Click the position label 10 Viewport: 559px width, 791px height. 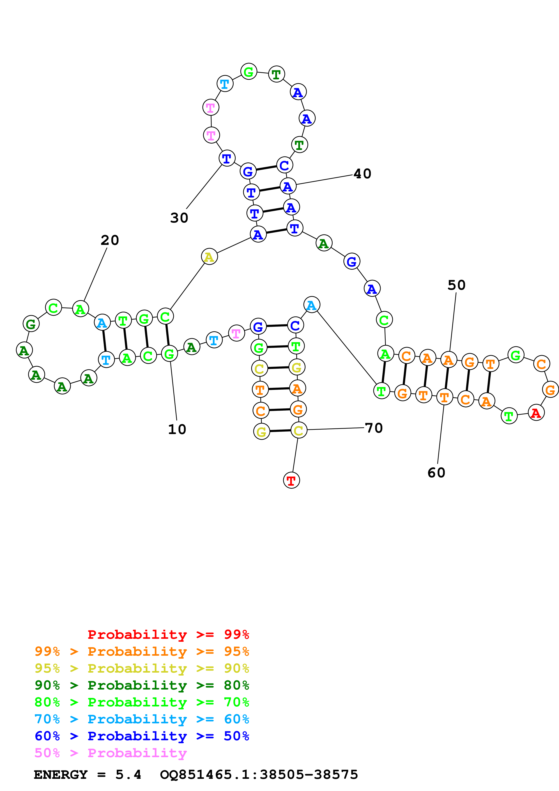177,429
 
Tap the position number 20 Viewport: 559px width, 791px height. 110,240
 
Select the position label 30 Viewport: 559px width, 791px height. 179,218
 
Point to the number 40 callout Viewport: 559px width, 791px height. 362,174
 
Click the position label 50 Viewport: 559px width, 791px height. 456,285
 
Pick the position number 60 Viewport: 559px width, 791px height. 436,473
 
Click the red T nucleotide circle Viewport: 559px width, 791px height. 291,480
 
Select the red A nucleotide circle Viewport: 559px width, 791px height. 536,413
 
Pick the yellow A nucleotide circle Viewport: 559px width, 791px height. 209,257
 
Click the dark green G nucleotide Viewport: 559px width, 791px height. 31,324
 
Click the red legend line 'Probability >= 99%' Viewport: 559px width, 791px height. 168,635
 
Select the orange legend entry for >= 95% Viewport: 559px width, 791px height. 142,651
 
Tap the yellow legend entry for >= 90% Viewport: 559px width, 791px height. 142,668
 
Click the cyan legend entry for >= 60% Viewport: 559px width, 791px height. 142,719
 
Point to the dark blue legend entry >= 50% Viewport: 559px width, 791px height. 142,736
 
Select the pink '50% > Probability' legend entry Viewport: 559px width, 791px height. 110,753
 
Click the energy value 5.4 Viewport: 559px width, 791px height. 128,775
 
